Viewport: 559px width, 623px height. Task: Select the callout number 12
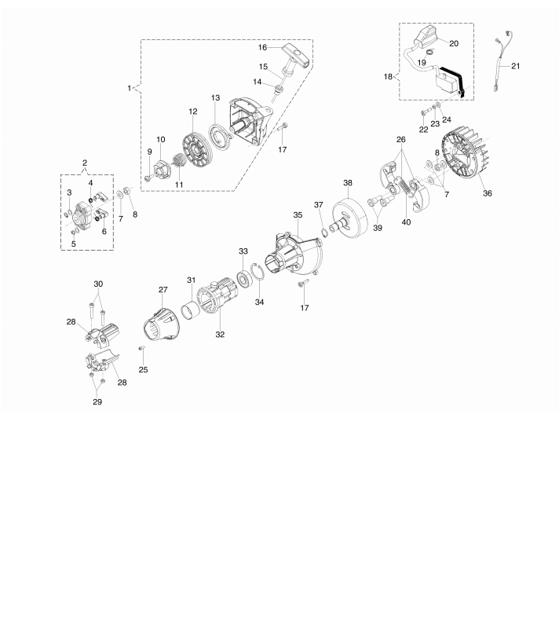pos(193,112)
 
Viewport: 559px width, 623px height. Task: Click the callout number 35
pos(298,215)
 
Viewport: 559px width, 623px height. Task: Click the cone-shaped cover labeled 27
pos(162,324)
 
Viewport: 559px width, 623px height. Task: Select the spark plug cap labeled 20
pos(426,36)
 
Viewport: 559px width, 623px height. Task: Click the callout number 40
pos(406,222)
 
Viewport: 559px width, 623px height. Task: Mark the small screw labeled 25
pos(142,349)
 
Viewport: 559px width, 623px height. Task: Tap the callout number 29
pos(97,401)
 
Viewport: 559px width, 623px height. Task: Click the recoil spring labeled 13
pos(221,134)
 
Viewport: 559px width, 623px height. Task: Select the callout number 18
pos(388,77)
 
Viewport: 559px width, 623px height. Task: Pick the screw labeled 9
pos(148,178)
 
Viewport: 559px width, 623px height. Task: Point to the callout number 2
pos(85,163)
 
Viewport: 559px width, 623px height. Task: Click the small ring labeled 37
pos(324,230)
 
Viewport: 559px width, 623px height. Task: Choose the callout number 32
pos(220,335)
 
